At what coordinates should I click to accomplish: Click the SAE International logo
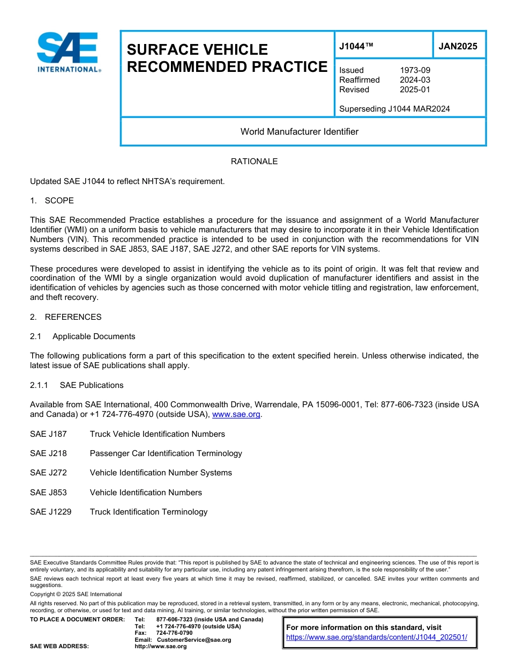(68, 52)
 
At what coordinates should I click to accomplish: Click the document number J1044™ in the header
(356, 46)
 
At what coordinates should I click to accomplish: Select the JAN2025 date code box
(458, 46)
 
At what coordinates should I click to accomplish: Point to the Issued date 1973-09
(415, 70)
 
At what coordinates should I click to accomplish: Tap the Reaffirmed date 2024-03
(415, 80)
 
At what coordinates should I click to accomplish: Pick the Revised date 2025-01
(415, 90)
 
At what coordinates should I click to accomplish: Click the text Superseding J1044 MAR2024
(394, 109)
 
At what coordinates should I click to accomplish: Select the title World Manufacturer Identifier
(299, 131)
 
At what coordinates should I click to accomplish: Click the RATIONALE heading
(254, 162)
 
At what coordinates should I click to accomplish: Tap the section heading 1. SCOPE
(52, 201)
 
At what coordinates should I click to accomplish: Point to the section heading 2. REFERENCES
(66, 317)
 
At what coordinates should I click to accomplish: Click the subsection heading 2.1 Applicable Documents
(83, 336)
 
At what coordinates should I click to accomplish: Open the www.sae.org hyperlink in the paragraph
(236, 414)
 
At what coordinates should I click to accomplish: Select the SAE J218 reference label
(48, 453)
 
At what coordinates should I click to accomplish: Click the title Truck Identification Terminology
(148, 512)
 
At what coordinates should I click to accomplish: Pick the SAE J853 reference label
(48, 493)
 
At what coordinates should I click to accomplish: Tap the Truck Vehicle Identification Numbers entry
(157, 434)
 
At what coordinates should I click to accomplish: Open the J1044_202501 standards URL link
(377, 637)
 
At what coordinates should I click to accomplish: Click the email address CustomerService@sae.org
(193, 640)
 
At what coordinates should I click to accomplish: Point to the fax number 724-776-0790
(174, 633)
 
